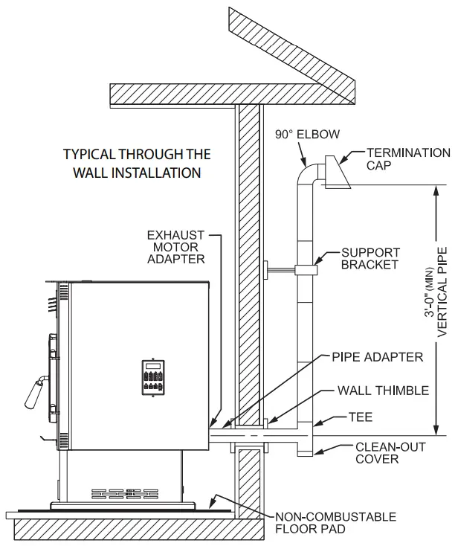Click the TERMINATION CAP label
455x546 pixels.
[x=408, y=159]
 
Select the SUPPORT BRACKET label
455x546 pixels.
[x=371, y=258]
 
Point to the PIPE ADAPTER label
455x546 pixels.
[x=378, y=357]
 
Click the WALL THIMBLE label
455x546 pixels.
[x=383, y=390]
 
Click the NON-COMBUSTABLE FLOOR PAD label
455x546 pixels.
[x=335, y=523]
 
